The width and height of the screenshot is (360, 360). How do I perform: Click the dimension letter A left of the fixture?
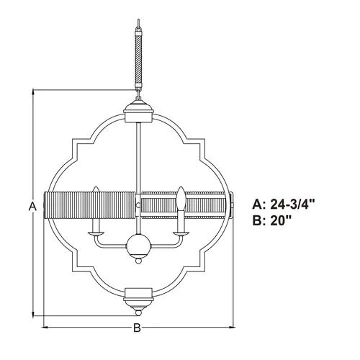coord(32,206)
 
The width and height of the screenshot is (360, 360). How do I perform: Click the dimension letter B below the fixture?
coord(137,328)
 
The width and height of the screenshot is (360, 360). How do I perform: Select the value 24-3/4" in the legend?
coord(292,204)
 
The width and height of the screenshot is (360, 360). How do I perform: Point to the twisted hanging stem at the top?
coord(138,59)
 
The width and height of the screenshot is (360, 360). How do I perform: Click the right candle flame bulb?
coord(181,199)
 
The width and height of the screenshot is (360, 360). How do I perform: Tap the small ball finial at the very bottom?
coord(138,313)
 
